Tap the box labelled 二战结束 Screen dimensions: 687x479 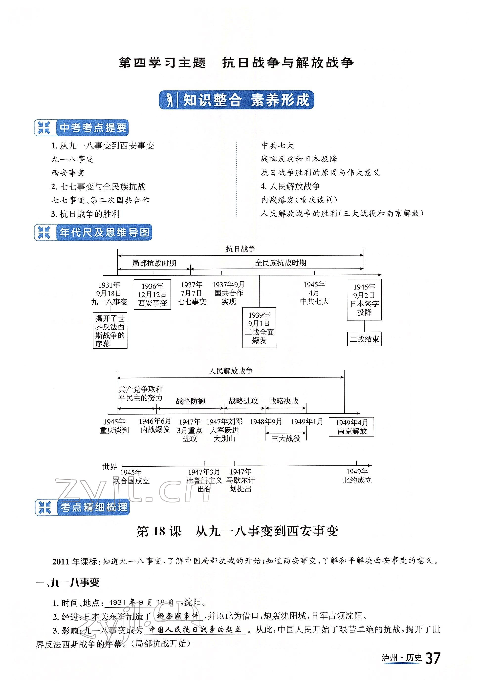click(364, 339)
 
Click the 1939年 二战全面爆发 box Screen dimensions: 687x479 click(259, 328)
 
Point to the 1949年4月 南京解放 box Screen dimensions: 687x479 click(351, 427)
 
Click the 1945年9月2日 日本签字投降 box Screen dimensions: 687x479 click(364, 299)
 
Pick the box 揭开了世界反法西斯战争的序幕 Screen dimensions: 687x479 click(110, 331)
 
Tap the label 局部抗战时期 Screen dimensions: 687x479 click(154, 263)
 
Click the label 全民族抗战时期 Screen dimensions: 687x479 click(280, 263)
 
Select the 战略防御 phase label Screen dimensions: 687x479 click(190, 401)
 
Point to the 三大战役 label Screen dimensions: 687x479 click(286, 438)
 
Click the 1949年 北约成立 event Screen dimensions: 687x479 click(357, 476)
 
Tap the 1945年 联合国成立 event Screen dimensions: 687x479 click(131, 476)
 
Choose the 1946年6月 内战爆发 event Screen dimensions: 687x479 click(155, 425)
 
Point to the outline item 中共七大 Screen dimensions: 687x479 click(278, 146)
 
